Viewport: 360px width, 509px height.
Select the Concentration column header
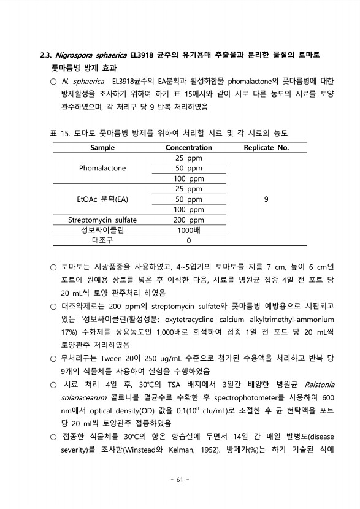[188, 148]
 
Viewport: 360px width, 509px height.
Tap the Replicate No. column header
[266, 148]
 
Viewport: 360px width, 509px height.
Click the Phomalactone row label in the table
[102, 168]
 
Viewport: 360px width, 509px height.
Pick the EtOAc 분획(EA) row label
[102, 199]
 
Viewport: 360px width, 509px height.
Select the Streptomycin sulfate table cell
[102, 220]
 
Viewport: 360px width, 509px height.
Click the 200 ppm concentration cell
[188, 220]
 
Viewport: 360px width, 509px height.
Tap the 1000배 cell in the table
[188, 231]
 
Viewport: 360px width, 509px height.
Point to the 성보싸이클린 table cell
[102, 231]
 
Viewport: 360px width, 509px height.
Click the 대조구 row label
[102, 241]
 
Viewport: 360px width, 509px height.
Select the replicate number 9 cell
[266, 199]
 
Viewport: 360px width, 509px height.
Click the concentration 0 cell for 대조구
[188, 241]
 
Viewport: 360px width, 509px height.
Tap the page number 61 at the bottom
[180, 479]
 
